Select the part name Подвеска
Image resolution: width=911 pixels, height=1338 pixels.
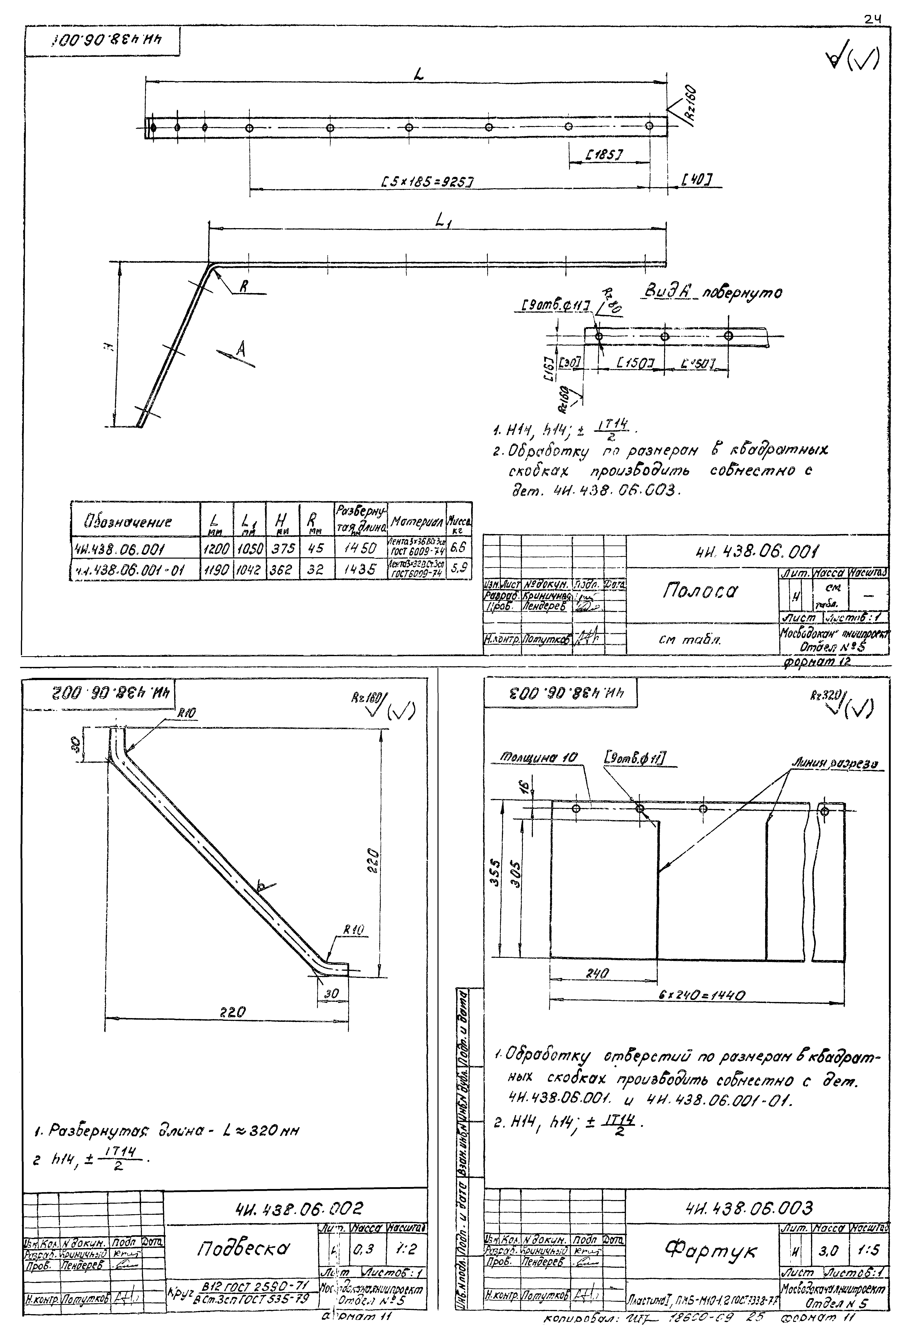[x=244, y=1248]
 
